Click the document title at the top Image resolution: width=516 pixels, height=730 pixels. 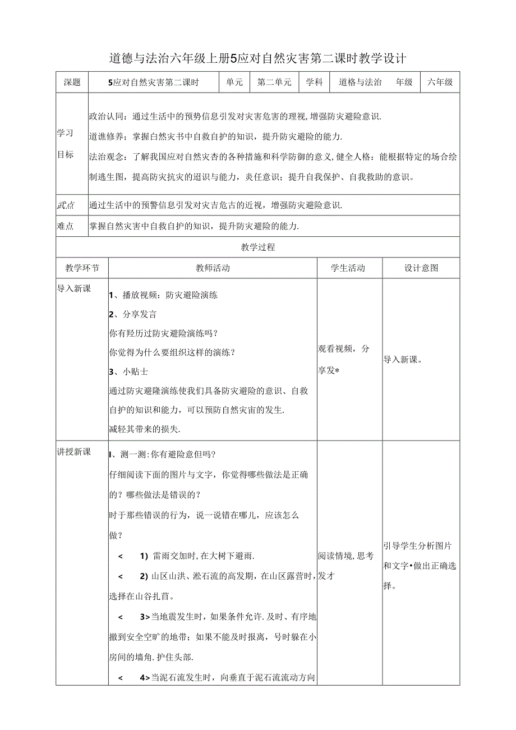pyautogui.click(x=257, y=58)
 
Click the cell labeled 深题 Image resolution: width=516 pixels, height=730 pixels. pyautogui.click(x=72, y=82)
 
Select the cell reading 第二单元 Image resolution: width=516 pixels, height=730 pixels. pyautogui.click(x=274, y=82)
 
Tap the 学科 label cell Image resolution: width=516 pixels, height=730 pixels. pyautogui.click(x=314, y=82)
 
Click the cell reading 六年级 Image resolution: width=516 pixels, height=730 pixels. pyautogui.click(x=440, y=82)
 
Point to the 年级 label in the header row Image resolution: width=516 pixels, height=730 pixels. pyautogui.click(x=404, y=82)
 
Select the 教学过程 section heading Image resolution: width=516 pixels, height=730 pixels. pyautogui.click(x=257, y=247)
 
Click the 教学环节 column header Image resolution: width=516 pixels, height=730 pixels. pyautogui.click(x=82, y=268)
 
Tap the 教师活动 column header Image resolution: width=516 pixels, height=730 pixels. pyautogui.click(x=213, y=268)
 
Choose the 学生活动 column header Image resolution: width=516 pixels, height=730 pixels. pyautogui.click(x=348, y=268)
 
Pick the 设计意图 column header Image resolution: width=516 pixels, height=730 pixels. pyautogui.click(x=421, y=268)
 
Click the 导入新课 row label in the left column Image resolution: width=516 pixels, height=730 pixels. pyautogui.click(x=74, y=288)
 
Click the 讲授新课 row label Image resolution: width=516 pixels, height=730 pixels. pyautogui.click(x=74, y=452)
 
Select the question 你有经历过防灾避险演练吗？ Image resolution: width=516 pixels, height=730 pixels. pyautogui.click(x=162, y=333)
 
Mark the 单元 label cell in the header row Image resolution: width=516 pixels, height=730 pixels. pyautogui.click(x=234, y=82)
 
